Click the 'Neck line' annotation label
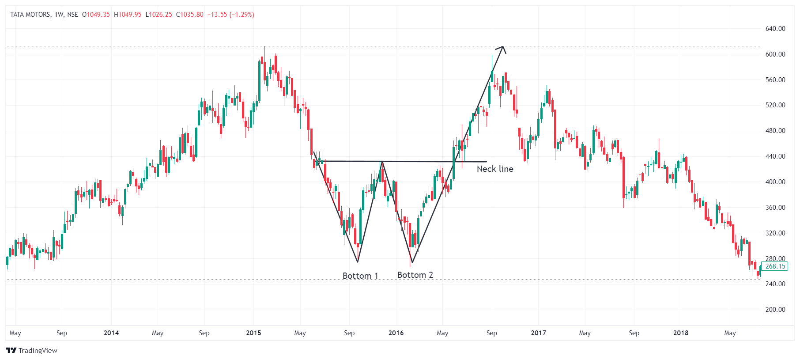tap(495, 169)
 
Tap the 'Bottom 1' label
tap(360, 276)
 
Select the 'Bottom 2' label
tap(415, 275)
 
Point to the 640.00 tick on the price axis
tap(775, 29)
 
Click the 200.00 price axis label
tap(775, 310)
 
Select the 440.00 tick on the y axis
tap(775, 156)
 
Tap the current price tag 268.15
tap(775, 266)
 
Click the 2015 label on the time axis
tap(253, 333)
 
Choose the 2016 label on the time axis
tap(396, 333)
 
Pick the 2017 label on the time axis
tap(538, 333)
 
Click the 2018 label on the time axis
tap(680, 333)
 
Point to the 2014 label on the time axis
tap(111, 333)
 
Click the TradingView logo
tap(32, 351)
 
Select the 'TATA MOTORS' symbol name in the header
tap(30, 15)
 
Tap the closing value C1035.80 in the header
tap(190, 15)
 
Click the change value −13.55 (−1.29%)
tap(230, 15)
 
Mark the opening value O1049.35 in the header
tap(96, 15)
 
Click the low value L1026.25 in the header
tap(158, 15)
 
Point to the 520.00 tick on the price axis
tap(775, 105)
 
